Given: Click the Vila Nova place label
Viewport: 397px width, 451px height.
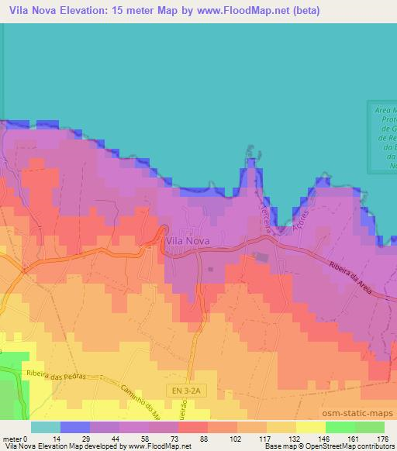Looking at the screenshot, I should (188, 241).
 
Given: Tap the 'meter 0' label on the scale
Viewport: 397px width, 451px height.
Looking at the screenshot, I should (15, 439).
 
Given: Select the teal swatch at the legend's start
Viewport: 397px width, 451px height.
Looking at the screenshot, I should (45, 427).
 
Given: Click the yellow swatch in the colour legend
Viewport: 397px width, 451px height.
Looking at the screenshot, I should (310, 427).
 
